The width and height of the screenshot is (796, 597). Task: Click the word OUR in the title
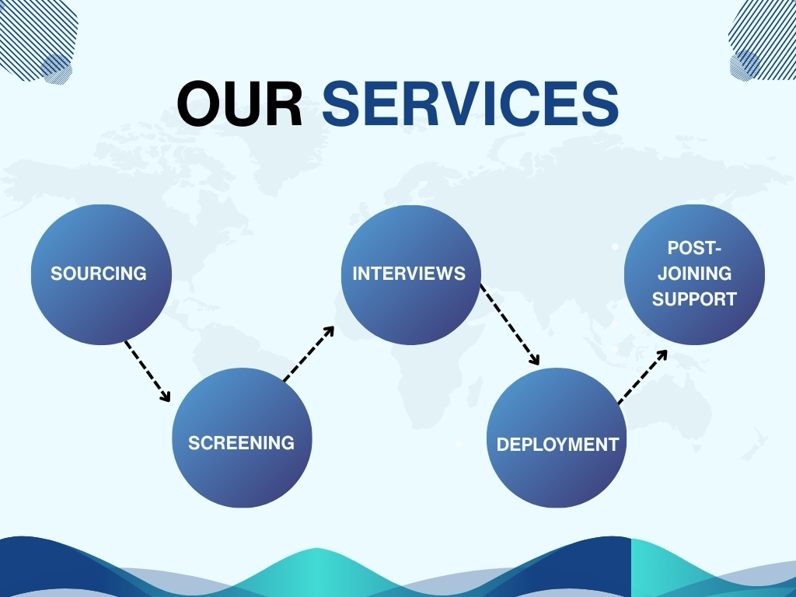[239, 104]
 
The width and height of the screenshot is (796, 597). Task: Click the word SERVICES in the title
[470, 104]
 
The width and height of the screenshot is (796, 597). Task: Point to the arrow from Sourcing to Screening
[148, 371]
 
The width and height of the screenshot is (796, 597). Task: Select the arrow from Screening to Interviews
[309, 354]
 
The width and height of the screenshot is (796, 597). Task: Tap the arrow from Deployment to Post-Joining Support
[643, 377]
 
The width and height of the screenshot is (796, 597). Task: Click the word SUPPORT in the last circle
[694, 299]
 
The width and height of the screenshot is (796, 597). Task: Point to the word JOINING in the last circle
[694, 274]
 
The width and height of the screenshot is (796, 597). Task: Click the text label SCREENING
[242, 443]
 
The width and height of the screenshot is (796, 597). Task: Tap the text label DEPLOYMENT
[557, 445]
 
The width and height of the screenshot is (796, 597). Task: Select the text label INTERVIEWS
[409, 274]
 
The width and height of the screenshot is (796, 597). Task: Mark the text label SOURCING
[99, 274]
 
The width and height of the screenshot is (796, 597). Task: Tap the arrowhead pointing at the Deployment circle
[534, 359]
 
